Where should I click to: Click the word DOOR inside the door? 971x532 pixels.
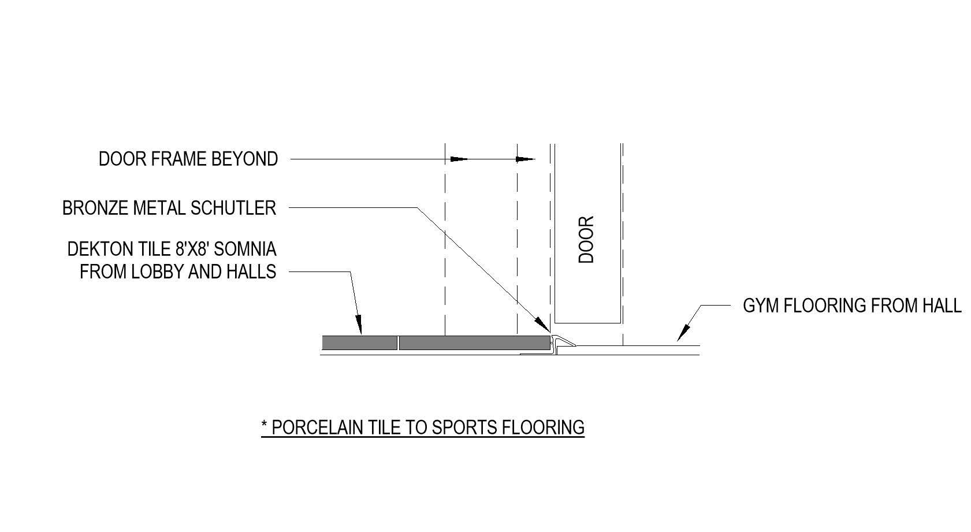pyautogui.click(x=586, y=240)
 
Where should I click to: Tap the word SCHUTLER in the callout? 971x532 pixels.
pyautogui.click(x=233, y=208)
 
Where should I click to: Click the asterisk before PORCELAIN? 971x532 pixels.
pyautogui.click(x=264, y=426)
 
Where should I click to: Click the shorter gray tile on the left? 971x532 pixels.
pyautogui.click(x=359, y=343)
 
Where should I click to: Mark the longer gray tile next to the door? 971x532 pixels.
pyautogui.click(x=474, y=343)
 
